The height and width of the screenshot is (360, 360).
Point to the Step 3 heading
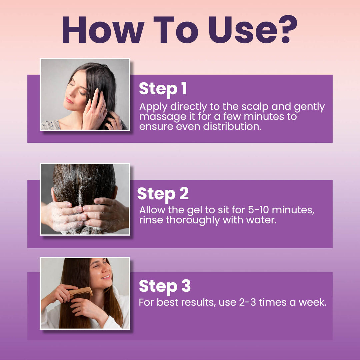164,286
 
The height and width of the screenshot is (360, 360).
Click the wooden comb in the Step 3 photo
80,292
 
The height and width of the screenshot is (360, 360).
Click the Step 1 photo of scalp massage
85,95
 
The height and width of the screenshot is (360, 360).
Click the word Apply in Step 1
154,107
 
